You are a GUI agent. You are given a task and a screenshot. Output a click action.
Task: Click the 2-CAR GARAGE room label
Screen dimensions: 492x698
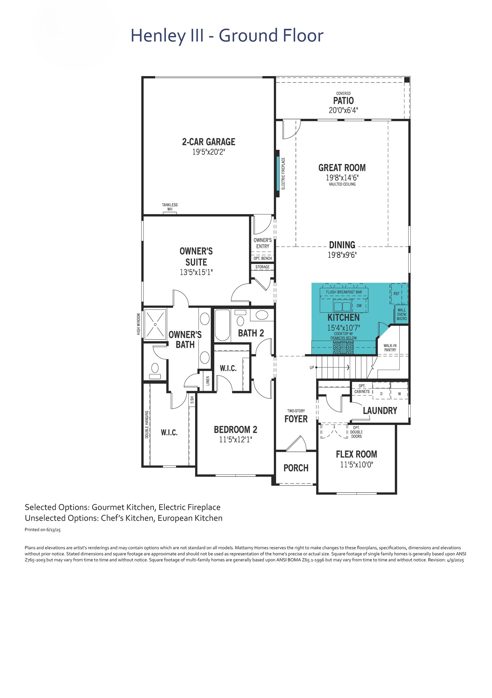click(x=209, y=142)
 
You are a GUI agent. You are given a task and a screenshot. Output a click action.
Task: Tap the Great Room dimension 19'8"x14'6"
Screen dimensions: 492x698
click(x=342, y=178)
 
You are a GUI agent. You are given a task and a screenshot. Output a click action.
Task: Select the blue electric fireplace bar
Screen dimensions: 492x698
click(x=278, y=173)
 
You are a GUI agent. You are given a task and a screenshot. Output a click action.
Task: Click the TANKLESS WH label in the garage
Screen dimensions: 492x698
click(x=170, y=207)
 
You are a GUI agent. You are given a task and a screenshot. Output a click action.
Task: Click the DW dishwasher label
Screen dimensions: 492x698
click(x=359, y=306)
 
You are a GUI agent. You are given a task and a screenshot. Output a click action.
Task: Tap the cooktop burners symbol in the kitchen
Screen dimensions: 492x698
click(x=343, y=348)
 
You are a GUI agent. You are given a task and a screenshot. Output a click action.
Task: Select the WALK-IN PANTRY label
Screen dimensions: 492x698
click(x=390, y=348)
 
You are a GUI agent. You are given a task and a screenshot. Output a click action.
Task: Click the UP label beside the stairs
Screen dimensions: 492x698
click(x=312, y=368)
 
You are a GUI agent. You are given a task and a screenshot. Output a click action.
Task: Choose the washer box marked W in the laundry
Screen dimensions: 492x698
click(x=399, y=393)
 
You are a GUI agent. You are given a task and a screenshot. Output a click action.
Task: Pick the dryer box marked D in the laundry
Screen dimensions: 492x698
click(x=381, y=393)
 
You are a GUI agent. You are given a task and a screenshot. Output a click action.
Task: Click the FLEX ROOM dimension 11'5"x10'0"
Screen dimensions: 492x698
click(x=356, y=465)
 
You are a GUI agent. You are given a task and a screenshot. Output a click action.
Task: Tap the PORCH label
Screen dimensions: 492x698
click(x=296, y=468)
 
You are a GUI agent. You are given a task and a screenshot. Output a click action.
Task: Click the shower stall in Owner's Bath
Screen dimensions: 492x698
click(x=155, y=324)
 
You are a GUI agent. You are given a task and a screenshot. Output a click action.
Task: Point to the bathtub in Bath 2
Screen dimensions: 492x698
click(x=223, y=325)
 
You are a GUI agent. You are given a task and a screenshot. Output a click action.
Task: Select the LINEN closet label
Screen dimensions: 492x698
click(x=208, y=381)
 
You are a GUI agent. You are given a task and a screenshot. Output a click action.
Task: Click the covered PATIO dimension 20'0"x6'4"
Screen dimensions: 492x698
click(x=343, y=110)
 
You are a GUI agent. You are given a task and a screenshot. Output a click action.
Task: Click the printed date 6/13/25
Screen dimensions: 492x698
click(x=53, y=530)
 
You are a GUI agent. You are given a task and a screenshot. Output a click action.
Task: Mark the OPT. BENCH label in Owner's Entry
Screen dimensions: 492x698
click(x=263, y=259)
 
